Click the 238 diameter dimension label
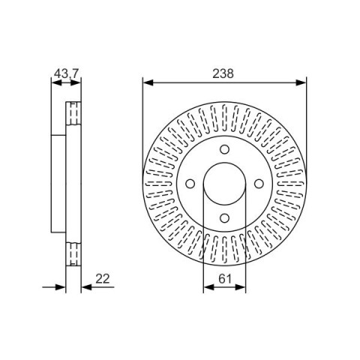click(x=223, y=73)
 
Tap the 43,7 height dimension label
click(x=66, y=73)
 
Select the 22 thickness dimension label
click(x=103, y=279)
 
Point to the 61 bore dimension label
click(x=225, y=279)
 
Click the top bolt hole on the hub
click(x=224, y=149)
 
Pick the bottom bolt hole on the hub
click(x=224, y=217)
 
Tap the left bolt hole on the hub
click(x=190, y=184)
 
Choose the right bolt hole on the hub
click(x=259, y=184)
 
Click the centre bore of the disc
click(x=224, y=184)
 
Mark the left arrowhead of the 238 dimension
click(x=148, y=82)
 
